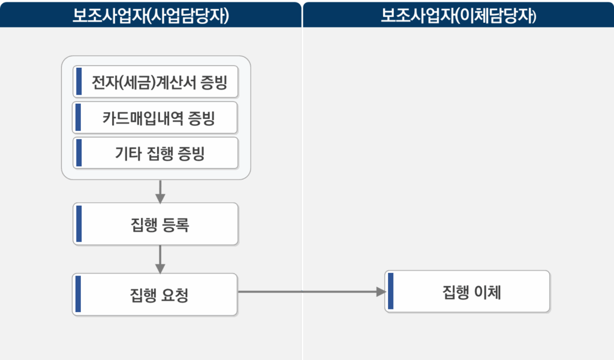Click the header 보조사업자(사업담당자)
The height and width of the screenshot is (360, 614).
151,15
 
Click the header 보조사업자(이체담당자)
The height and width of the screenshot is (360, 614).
459,15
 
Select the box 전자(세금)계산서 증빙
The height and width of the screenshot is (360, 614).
156,82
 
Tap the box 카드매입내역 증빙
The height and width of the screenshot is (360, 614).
156,118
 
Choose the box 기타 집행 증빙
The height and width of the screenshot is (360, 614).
156,153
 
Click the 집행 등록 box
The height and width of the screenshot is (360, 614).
156,224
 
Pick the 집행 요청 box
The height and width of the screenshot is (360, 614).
156,295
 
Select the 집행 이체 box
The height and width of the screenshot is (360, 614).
467,292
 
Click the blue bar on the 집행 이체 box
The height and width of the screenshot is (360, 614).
391,292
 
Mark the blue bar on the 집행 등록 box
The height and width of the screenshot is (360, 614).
79,224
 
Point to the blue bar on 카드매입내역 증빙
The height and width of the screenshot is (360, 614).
78,118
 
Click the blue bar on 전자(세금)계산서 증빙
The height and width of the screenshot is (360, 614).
78,82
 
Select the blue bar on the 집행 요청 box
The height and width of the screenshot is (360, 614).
78,295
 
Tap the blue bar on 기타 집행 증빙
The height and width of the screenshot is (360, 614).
78,153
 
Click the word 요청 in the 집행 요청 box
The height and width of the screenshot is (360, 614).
176,295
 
